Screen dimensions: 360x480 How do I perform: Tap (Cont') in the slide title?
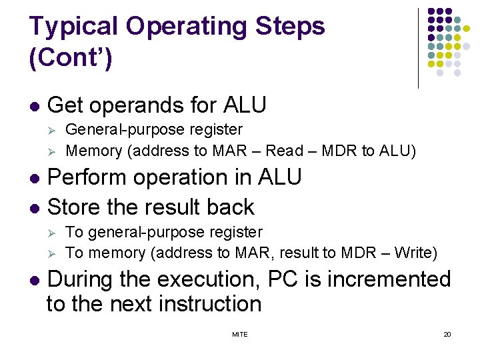coord(71,57)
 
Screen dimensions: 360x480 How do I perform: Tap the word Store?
coord(74,207)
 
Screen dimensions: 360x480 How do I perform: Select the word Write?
coord(413,253)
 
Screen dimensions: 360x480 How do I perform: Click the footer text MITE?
coord(239,334)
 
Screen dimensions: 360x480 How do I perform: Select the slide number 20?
coord(447,334)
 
